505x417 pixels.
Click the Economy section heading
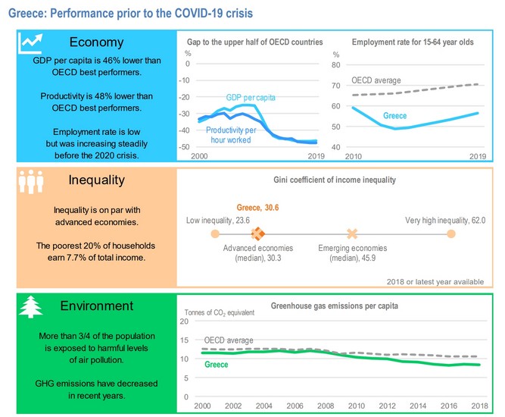coord(95,42)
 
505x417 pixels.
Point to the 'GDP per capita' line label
coord(251,98)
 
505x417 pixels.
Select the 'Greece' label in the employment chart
coord(394,116)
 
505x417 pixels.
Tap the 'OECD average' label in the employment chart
coord(376,80)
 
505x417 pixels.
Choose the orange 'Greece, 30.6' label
coord(257,208)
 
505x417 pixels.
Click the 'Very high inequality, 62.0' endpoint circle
coord(451,234)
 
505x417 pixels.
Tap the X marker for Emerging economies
coord(351,234)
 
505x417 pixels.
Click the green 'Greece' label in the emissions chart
coord(217,365)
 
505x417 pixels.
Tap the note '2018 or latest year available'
coord(435,281)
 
